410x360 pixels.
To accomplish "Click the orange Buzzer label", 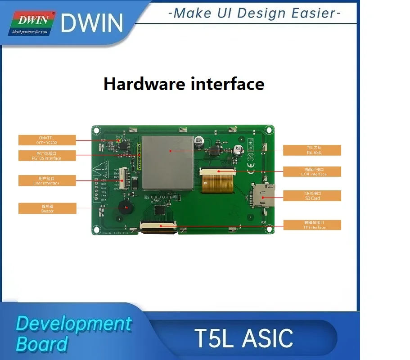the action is coord(47,208).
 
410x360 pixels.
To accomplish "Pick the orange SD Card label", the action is coord(311,196).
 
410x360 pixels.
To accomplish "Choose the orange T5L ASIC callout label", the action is coord(311,150).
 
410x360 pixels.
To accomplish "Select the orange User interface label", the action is coord(47,180).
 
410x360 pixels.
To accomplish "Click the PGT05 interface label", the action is coord(47,156).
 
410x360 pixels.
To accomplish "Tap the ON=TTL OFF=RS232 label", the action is coord(47,139).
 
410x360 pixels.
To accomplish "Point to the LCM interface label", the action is coord(311,171).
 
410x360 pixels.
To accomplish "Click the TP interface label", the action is coord(311,225).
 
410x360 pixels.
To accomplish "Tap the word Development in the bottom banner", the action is coord(74,324).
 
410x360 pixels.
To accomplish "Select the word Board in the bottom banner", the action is coord(41,344).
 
